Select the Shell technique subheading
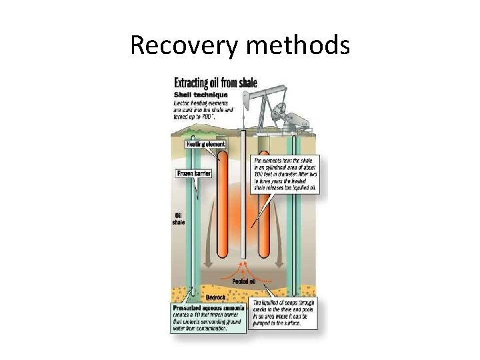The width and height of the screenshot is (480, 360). point(200,94)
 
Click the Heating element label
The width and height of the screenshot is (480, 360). point(205,144)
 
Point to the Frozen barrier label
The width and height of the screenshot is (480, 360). point(193,173)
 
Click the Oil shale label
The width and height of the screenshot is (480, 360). point(179,218)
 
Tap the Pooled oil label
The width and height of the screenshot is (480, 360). point(244,281)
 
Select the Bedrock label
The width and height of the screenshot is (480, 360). point(216,297)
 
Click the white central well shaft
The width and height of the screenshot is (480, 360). point(243,200)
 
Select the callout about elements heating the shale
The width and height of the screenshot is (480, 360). point(285,175)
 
